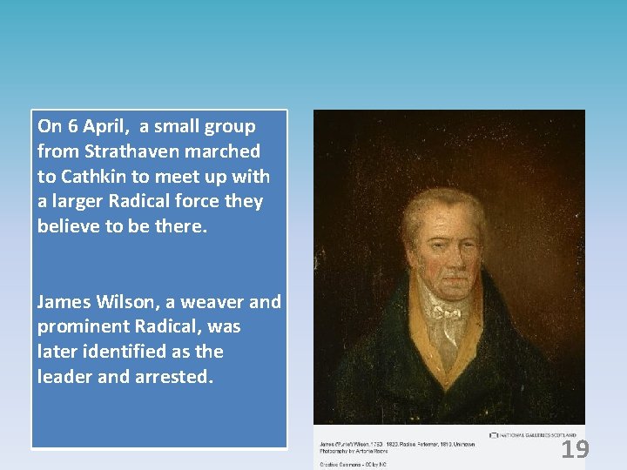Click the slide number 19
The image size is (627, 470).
click(x=575, y=449)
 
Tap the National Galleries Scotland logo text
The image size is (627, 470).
click(x=536, y=434)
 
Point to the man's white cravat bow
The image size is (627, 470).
click(x=446, y=311)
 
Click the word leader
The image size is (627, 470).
click(x=65, y=377)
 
